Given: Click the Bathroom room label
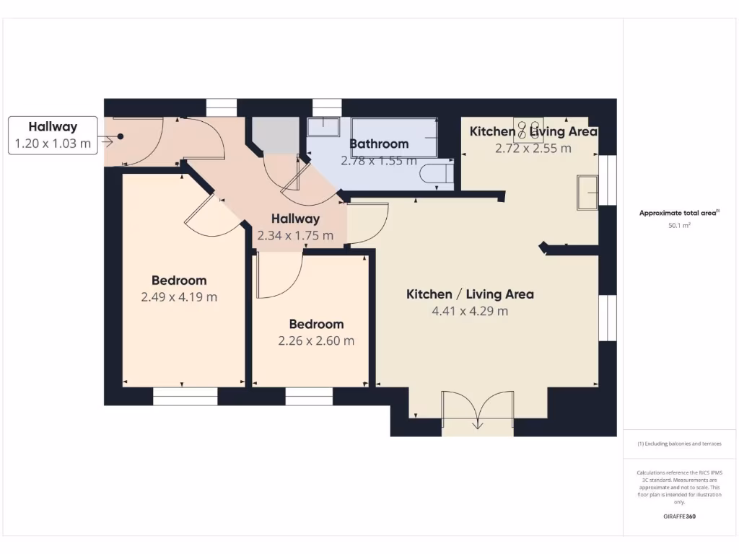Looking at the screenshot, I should coord(379,144).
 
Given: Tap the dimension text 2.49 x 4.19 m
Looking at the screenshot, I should coord(178,296).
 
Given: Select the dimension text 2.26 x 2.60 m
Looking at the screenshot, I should coord(316,340).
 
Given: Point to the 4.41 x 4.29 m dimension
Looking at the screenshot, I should coord(470,311).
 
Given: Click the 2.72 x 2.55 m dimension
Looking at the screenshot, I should coord(533,148).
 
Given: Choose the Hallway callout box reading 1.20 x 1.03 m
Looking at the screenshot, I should coord(53,135).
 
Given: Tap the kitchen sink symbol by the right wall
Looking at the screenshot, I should coord(587,193).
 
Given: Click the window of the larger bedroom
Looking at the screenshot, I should coord(185,396).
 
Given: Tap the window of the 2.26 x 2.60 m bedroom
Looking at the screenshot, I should coord(309,396).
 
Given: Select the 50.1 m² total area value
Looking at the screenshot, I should coord(680,226).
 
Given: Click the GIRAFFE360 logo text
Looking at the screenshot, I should coord(680,516).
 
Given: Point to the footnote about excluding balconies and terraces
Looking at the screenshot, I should coord(680,444).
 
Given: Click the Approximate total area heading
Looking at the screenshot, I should coord(680,213).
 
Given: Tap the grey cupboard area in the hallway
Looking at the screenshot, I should coord(275,135).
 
